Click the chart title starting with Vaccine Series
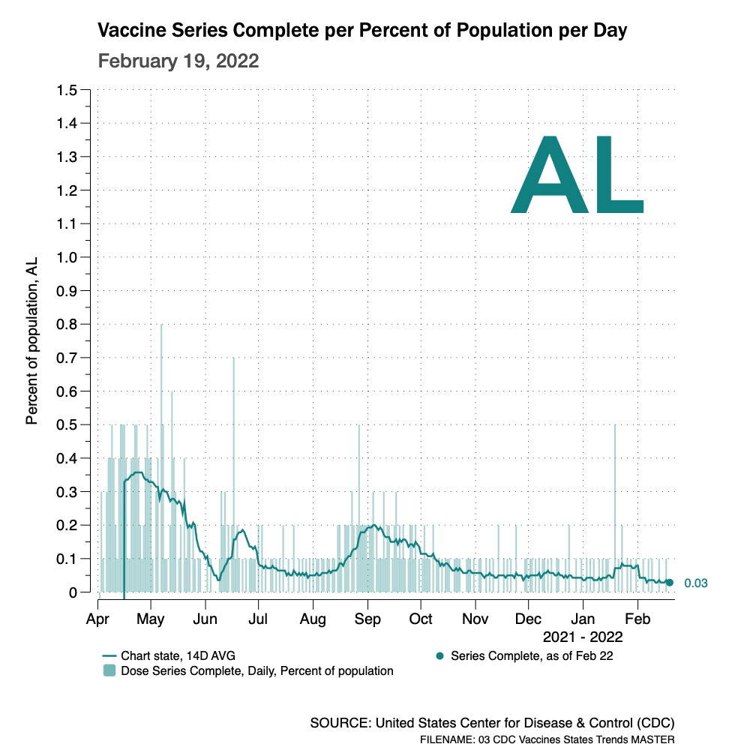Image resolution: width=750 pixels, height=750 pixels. pos(363,31)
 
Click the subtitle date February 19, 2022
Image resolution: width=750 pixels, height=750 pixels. pos(178,61)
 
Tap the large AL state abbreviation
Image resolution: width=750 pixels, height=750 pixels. pos(577,176)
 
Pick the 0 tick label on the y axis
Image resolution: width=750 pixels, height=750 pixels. pos(73,592)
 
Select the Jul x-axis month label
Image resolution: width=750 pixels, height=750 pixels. pos(258,619)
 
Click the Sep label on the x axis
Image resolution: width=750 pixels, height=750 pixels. pos(367,619)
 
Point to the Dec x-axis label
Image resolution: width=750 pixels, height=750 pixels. pos(529,619)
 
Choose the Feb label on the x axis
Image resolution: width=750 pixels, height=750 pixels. pos(638,619)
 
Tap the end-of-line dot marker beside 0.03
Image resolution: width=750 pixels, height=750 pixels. pos(670,583)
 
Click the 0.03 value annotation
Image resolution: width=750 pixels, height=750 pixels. pos(696,583)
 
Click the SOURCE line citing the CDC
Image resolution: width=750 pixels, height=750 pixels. pos(492,724)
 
